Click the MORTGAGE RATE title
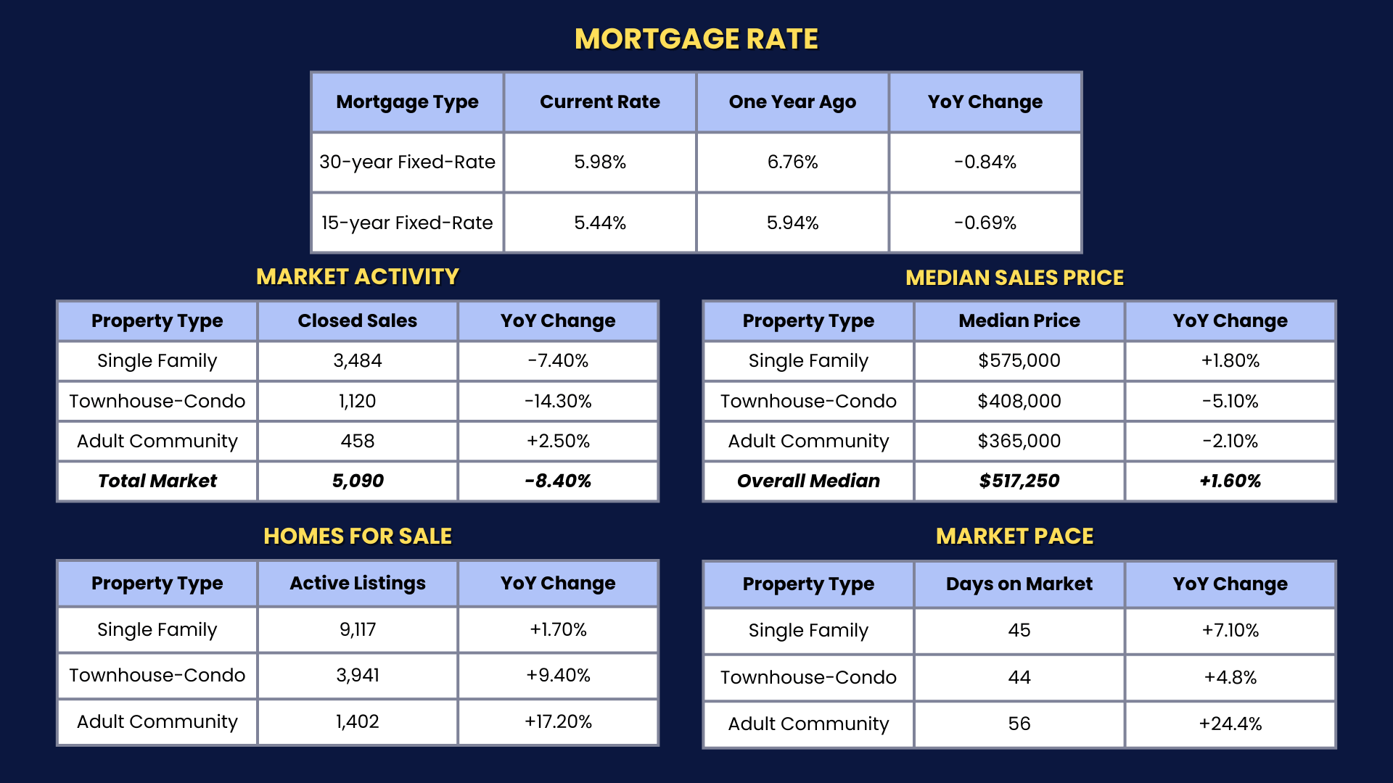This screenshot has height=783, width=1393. (x=696, y=39)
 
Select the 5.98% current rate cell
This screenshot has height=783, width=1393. (x=599, y=162)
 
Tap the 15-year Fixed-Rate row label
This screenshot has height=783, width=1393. (x=407, y=223)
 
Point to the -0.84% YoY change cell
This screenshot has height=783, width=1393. (x=985, y=162)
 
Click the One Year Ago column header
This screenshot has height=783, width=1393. (x=792, y=102)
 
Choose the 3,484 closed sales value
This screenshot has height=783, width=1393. (x=357, y=360)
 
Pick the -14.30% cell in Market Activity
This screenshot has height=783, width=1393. (x=558, y=401)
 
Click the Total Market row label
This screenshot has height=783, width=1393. (x=157, y=481)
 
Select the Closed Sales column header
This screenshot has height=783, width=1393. (x=357, y=320)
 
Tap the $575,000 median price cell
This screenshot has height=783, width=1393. (x=1019, y=360)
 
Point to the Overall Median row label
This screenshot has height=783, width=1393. (x=808, y=481)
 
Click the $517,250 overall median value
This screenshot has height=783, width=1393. (x=1019, y=481)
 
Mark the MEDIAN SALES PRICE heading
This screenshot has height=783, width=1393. (x=1014, y=278)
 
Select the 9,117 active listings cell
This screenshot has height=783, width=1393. (x=357, y=629)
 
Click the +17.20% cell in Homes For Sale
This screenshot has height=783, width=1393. (x=558, y=721)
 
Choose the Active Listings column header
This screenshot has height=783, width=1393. (x=357, y=583)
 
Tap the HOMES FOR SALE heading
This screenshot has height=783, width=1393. (x=357, y=536)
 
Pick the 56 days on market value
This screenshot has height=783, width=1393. (x=1019, y=724)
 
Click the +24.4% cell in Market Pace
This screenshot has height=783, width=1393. (x=1230, y=724)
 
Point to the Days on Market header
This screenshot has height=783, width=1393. (x=1019, y=584)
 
